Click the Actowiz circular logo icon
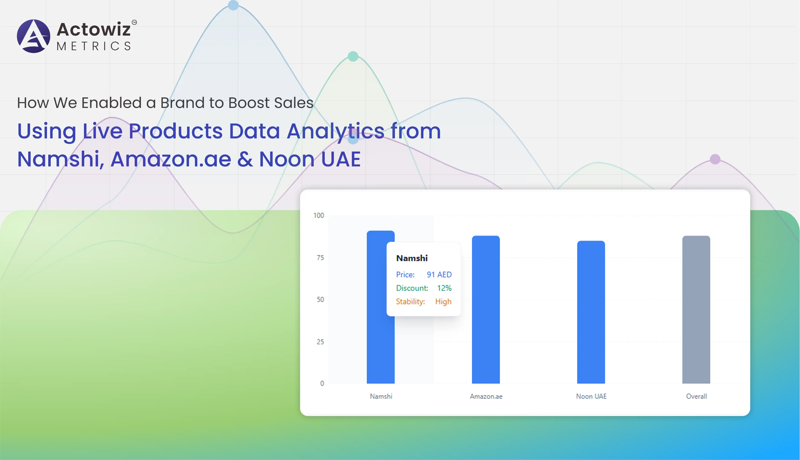33,36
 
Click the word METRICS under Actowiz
94,46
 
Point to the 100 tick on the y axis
319,215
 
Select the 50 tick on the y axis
320,300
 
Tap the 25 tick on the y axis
320,342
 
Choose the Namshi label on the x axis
381,396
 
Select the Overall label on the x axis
696,396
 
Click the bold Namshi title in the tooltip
412,258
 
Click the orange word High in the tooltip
443,302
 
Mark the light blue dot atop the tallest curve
233,5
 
